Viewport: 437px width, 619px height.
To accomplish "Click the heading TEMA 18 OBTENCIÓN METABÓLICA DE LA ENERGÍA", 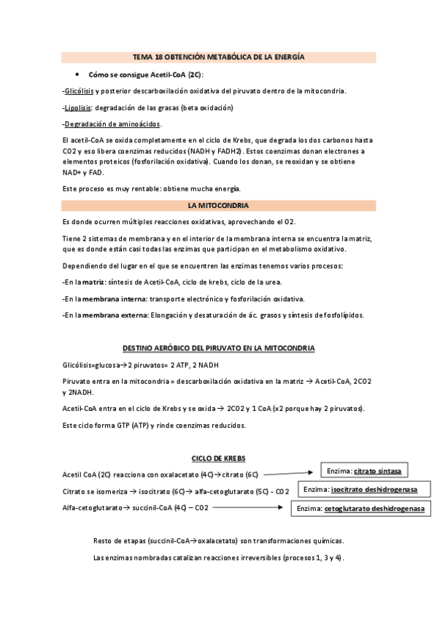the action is (x=218, y=57).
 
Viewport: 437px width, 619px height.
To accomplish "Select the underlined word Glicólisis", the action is (x=79, y=91).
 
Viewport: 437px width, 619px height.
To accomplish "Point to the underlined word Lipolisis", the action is (x=78, y=107).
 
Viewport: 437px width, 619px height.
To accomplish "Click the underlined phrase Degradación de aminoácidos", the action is (x=113, y=124).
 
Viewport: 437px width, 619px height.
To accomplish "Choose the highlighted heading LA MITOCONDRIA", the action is (x=218, y=206).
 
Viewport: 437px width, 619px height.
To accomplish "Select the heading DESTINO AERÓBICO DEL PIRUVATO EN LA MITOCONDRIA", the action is (x=218, y=349).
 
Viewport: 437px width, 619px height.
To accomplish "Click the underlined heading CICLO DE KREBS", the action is (x=218, y=458).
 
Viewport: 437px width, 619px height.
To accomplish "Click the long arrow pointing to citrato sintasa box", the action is (x=295, y=474).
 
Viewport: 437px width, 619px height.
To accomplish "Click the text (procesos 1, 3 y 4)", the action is (x=307, y=558).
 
